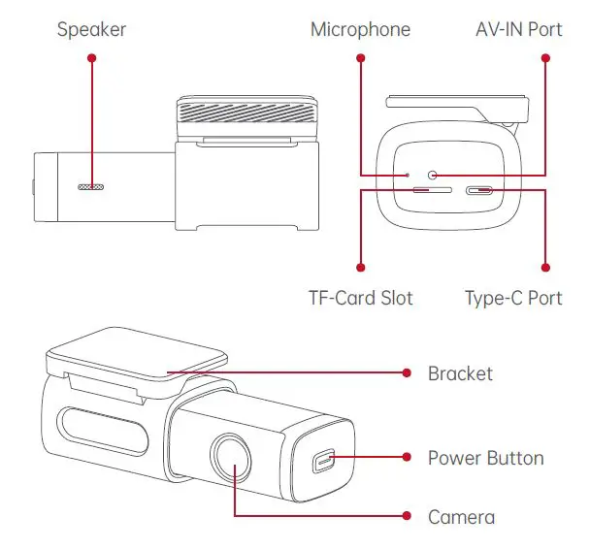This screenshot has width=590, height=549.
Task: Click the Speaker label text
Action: click(x=91, y=29)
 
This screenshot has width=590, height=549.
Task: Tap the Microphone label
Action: click(x=360, y=29)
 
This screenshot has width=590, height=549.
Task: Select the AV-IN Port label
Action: click(x=517, y=29)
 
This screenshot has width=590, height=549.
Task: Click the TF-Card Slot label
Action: click(x=360, y=298)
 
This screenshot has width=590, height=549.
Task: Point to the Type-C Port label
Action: click(x=513, y=298)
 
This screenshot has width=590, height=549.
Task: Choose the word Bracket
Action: click(x=460, y=373)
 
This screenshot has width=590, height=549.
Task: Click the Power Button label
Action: click(x=485, y=458)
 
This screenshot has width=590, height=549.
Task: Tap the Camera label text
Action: click(x=461, y=517)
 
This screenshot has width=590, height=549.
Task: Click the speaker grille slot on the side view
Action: click(x=91, y=184)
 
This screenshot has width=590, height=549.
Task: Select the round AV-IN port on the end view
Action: click(x=433, y=175)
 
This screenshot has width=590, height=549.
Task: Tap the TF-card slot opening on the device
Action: click(x=424, y=191)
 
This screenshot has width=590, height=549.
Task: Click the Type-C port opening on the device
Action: click(x=479, y=191)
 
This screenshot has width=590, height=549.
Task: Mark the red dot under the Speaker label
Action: click(x=91, y=58)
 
